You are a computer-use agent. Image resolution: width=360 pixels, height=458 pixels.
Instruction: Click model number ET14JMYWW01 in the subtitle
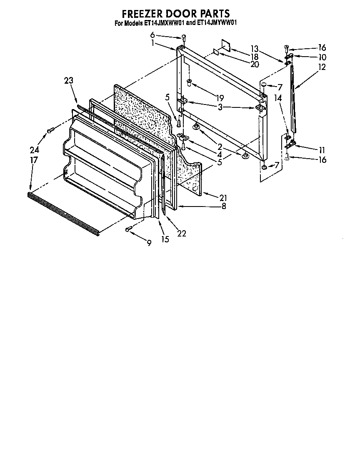coord(217,24)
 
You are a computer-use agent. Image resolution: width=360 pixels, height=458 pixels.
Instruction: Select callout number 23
coord(69,81)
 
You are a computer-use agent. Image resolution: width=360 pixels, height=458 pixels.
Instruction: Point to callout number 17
coord(34,160)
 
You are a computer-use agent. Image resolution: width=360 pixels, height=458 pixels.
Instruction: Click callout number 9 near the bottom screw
coord(149,243)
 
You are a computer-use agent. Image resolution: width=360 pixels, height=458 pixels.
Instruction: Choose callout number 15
coord(165,239)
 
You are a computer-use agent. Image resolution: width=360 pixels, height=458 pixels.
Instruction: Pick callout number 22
coord(181,233)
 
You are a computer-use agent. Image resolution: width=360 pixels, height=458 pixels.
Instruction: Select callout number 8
coord(224,206)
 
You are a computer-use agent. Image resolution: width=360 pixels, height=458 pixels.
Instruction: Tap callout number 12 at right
coord(322,67)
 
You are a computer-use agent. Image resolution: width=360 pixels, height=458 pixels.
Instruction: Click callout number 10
coord(322,57)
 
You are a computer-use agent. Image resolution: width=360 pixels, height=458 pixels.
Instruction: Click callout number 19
coord(220,99)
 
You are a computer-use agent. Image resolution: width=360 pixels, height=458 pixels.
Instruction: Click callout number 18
coord(255,57)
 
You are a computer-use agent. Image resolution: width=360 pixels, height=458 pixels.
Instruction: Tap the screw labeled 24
coord(50,131)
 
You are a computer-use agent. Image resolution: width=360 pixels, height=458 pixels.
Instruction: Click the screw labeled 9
coord(129,228)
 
